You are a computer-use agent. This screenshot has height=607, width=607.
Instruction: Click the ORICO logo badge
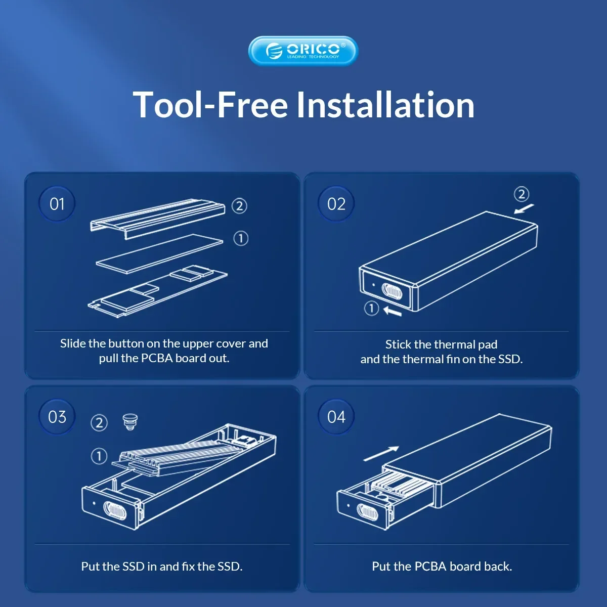click(303, 51)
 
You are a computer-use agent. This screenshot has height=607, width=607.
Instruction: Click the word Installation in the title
click(385, 105)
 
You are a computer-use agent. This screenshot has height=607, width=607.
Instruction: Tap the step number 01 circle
click(57, 204)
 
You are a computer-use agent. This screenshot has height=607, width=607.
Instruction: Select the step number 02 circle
click(336, 204)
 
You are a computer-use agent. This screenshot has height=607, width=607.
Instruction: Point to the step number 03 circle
click(57, 417)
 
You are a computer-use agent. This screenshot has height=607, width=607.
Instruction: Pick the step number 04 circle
click(336, 417)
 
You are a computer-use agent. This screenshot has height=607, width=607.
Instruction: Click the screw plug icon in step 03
click(130, 422)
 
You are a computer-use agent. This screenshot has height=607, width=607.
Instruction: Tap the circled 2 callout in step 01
click(239, 206)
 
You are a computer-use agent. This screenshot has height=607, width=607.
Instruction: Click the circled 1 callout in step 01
click(241, 238)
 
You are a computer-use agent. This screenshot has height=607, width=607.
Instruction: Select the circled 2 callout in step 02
click(522, 194)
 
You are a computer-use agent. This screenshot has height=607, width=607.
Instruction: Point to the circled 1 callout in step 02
click(371, 309)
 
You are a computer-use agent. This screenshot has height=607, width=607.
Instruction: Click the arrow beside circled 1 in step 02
click(393, 312)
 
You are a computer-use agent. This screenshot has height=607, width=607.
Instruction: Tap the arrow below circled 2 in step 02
click(524, 208)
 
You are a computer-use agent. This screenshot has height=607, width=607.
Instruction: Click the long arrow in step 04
click(381, 454)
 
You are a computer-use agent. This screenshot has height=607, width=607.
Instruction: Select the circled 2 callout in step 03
click(99, 423)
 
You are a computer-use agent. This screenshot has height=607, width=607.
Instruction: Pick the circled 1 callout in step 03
click(99, 456)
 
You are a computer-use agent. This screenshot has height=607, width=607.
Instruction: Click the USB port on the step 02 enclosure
click(392, 292)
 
